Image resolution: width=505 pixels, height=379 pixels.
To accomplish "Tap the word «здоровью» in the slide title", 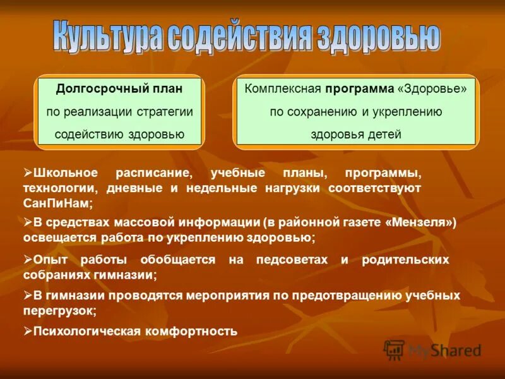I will (x=383, y=37).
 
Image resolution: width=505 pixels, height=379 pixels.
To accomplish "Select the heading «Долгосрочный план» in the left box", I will (x=119, y=89).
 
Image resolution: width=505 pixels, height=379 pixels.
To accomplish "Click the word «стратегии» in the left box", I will (x=166, y=111).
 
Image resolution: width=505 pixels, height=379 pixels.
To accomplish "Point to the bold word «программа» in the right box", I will (x=360, y=89).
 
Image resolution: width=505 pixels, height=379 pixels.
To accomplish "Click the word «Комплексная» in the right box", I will (x=283, y=89).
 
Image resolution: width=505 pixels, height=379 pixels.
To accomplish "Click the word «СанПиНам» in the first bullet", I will (x=57, y=203).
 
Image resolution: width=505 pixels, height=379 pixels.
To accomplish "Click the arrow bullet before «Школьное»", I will (x=28, y=172).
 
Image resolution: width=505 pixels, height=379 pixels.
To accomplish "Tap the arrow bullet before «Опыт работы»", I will (x=28, y=259).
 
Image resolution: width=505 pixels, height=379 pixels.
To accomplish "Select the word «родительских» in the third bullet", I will (x=405, y=260).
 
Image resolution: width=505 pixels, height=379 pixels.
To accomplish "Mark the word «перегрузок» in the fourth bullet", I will (x=59, y=311).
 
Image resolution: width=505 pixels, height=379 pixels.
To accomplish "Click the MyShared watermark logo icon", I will (x=395, y=350).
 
